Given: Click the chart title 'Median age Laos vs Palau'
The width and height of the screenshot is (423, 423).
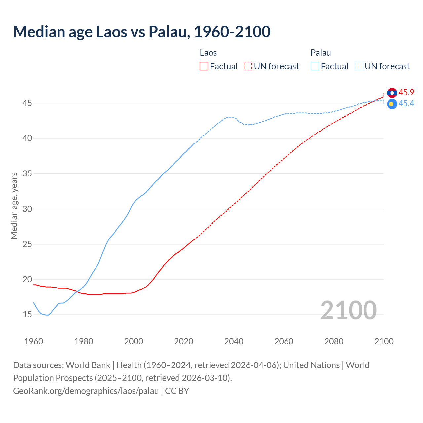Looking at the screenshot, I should pyautogui.click(x=141, y=32).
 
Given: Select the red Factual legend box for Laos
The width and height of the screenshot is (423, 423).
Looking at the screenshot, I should pyautogui.click(x=204, y=66).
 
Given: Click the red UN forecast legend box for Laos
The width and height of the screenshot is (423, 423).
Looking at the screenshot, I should pyautogui.click(x=248, y=66).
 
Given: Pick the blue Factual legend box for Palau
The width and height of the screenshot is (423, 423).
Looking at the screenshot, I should pyautogui.click(x=315, y=66).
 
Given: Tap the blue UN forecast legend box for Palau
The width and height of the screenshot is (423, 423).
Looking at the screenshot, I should pyautogui.click(x=359, y=66).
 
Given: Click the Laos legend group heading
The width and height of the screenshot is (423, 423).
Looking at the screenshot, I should pyautogui.click(x=208, y=53).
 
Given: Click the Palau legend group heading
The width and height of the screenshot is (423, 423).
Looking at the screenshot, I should pyautogui.click(x=321, y=53).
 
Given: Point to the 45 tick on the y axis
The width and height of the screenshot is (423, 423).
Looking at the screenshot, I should pyautogui.click(x=27, y=103).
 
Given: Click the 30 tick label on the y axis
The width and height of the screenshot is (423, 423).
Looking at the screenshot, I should pyautogui.click(x=27, y=209).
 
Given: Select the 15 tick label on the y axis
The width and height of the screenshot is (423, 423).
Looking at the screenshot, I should pyautogui.click(x=27, y=314).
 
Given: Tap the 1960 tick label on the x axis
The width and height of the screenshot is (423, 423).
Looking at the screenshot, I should pyautogui.click(x=34, y=341).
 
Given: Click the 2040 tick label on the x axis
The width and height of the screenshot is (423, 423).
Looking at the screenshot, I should pyautogui.click(x=234, y=341).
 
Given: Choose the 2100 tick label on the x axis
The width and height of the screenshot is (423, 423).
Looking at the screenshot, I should pyautogui.click(x=384, y=341).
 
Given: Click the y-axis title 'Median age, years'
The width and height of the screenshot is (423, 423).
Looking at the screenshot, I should pyautogui.click(x=14, y=206).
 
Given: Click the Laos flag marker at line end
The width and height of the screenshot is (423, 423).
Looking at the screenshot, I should pyautogui.click(x=392, y=93).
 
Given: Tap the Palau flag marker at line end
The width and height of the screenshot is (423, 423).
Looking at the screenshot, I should pyautogui.click(x=392, y=104).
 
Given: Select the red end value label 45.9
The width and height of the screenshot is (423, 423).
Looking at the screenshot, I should pyautogui.click(x=406, y=93).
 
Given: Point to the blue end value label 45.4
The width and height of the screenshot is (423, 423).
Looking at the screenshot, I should pyautogui.click(x=406, y=104).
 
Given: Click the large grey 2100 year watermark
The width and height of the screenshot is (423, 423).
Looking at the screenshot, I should pyautogui.click(x=348, y=310).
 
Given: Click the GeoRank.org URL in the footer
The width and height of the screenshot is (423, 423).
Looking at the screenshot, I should pyautogui.click(x=86, y=391).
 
